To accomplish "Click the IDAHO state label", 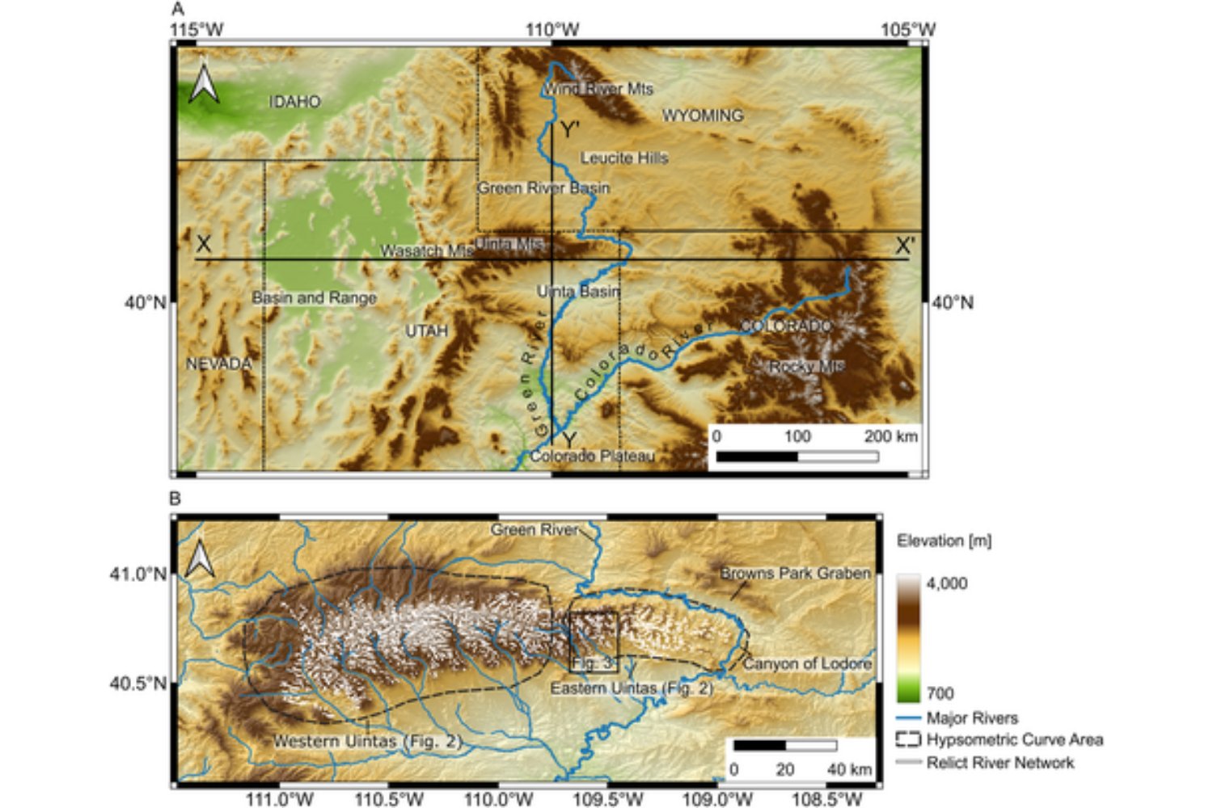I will point(294,102).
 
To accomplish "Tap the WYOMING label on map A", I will point(702,116).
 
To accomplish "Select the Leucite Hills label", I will point(624,158).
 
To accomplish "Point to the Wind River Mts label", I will point(598,89).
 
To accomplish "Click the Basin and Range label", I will point(314,297).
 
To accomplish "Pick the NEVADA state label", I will point(218,364).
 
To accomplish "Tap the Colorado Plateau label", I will point(592,457).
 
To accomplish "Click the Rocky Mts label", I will point(806,367).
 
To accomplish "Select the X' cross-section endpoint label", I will point(905,246).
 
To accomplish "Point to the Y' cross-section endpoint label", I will point(570,129).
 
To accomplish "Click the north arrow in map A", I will point(204,84).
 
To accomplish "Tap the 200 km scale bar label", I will point(890,436).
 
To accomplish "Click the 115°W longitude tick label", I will point(197,30).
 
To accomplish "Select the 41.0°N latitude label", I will point(137,574).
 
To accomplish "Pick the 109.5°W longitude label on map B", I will point(608,799).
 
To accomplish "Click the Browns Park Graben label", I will point(795,573).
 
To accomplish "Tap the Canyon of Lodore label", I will point(807,663).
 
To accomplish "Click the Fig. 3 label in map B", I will point(594,663).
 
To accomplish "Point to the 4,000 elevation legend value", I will point(946,583).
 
